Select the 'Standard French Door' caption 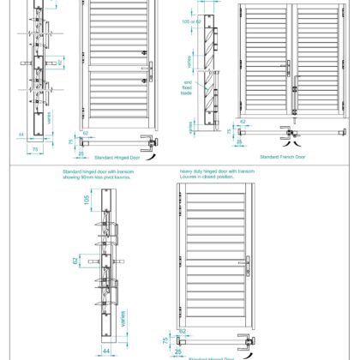click(x=284, y=159)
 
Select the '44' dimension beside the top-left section click(x=21, y=134)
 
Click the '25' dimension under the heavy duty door click(x=178, y=351)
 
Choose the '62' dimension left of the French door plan click(x=243, y=123)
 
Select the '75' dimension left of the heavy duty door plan click(x=165, y=340)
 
